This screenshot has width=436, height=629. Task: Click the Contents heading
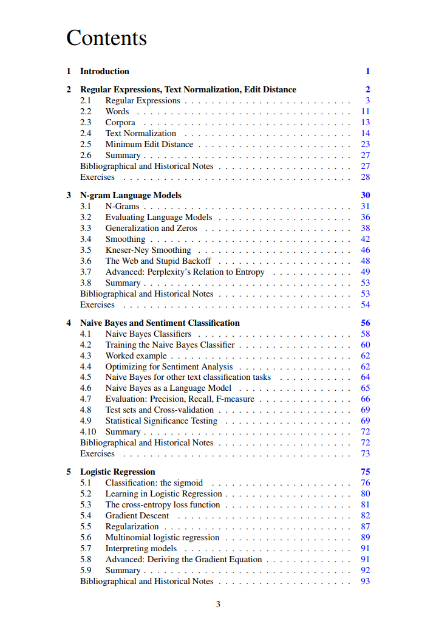(106, 38)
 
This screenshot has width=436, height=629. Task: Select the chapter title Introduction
(104, 71)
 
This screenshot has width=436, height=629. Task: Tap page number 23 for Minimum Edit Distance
(365, 144)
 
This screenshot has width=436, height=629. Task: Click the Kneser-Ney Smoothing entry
(148, 250)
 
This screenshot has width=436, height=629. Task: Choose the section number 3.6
(86, 261)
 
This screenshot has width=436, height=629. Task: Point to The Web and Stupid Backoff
(158, 261)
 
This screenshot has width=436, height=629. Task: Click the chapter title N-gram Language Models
(131, 195)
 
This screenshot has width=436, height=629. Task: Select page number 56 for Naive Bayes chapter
(365, 323)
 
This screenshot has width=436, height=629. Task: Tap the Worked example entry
(135, 356)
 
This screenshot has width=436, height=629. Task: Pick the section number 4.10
(88, 431)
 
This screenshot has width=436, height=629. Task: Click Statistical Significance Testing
(161, 421)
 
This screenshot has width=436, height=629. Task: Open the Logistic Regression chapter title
(117, 472)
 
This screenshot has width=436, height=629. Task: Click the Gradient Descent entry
(137, 515)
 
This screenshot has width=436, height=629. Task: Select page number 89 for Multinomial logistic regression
(365, 537)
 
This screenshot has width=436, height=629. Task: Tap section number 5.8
(86, 559)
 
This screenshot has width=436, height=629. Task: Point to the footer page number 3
(218, 604)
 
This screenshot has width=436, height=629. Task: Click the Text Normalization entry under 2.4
(141, 133)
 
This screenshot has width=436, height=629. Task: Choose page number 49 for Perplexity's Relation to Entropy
(365, 272)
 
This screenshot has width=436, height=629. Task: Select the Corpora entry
(120, 122)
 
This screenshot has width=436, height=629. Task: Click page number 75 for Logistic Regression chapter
(365, 472)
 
